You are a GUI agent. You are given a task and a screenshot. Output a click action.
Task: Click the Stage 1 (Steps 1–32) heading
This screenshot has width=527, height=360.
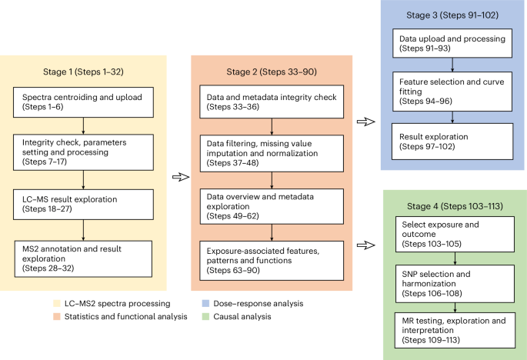83,72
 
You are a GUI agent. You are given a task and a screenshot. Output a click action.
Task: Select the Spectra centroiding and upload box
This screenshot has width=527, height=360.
83,102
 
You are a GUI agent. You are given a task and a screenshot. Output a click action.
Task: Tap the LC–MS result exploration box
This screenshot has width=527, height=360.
83,205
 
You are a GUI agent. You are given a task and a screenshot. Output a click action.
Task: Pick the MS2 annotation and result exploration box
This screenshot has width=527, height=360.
83,258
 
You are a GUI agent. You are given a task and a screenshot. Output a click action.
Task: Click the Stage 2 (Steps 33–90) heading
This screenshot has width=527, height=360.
272,72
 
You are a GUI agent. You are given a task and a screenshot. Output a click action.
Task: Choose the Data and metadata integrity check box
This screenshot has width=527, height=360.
272,102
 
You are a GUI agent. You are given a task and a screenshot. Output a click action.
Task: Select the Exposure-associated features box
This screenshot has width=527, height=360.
272,261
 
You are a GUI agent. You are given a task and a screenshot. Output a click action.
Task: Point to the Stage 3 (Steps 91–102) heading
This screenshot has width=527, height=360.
452,15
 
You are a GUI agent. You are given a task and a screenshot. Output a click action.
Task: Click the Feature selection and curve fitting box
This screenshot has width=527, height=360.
452,92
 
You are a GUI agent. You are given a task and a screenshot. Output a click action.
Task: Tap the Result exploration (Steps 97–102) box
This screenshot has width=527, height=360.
452,142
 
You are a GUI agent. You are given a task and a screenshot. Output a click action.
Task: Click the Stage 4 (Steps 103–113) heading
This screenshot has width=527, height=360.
455,206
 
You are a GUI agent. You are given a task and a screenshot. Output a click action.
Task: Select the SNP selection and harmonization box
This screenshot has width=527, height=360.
455,284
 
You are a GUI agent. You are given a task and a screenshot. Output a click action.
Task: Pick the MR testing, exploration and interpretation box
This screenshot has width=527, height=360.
455,330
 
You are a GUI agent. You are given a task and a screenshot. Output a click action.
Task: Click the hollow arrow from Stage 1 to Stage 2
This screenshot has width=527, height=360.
181,177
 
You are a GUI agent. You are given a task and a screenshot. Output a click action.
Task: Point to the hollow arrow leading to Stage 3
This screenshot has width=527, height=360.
366,122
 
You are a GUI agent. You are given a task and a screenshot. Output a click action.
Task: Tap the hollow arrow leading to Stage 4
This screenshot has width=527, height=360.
366,245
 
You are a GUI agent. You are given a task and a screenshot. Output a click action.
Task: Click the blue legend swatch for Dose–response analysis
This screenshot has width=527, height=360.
205,304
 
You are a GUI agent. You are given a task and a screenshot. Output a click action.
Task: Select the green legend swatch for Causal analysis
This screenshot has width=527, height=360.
205,317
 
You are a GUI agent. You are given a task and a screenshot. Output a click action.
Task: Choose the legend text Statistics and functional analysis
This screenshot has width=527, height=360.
125,317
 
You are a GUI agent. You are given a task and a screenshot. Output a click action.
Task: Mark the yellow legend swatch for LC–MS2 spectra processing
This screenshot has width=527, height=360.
57,304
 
